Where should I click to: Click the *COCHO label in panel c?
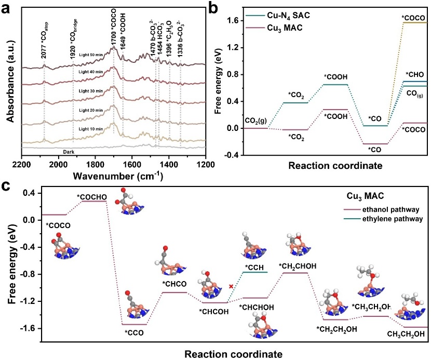tap(92, 196)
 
